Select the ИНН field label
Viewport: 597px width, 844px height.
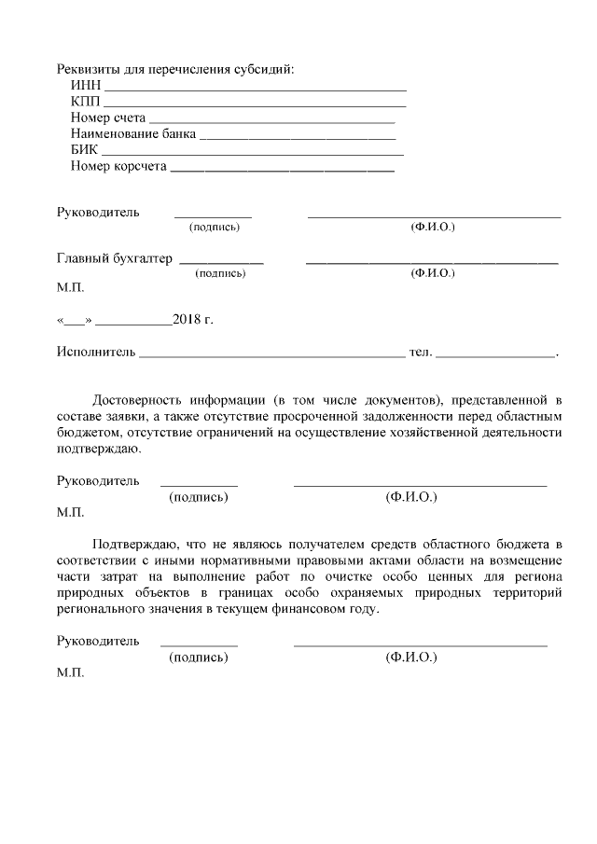coord(85,86)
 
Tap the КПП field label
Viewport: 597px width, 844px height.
coord(85,102)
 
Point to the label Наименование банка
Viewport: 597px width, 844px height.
coord(132,133)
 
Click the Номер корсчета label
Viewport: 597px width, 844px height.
coord(118,166)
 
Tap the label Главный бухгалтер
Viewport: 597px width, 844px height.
coord(115,258)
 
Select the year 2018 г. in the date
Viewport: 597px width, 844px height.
coord(192,320)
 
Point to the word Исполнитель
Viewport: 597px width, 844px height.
coord(96,353)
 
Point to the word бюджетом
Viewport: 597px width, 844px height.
coord(88,432)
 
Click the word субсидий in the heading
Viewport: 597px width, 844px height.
coord(267,70)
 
